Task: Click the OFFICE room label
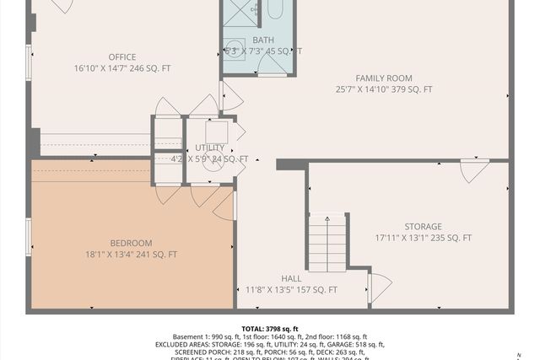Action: click(121, 57)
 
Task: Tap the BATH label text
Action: click(262, 40)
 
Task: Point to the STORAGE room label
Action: click(423, 227)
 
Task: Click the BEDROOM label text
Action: click(131, 243)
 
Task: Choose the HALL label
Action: click(290, 278)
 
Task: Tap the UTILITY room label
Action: click(210, 148)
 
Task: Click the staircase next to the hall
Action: click(327, 243)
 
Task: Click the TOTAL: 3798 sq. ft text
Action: click(270, 329)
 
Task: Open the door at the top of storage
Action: click(473, 169)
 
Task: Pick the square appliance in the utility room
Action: click(216, 132)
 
